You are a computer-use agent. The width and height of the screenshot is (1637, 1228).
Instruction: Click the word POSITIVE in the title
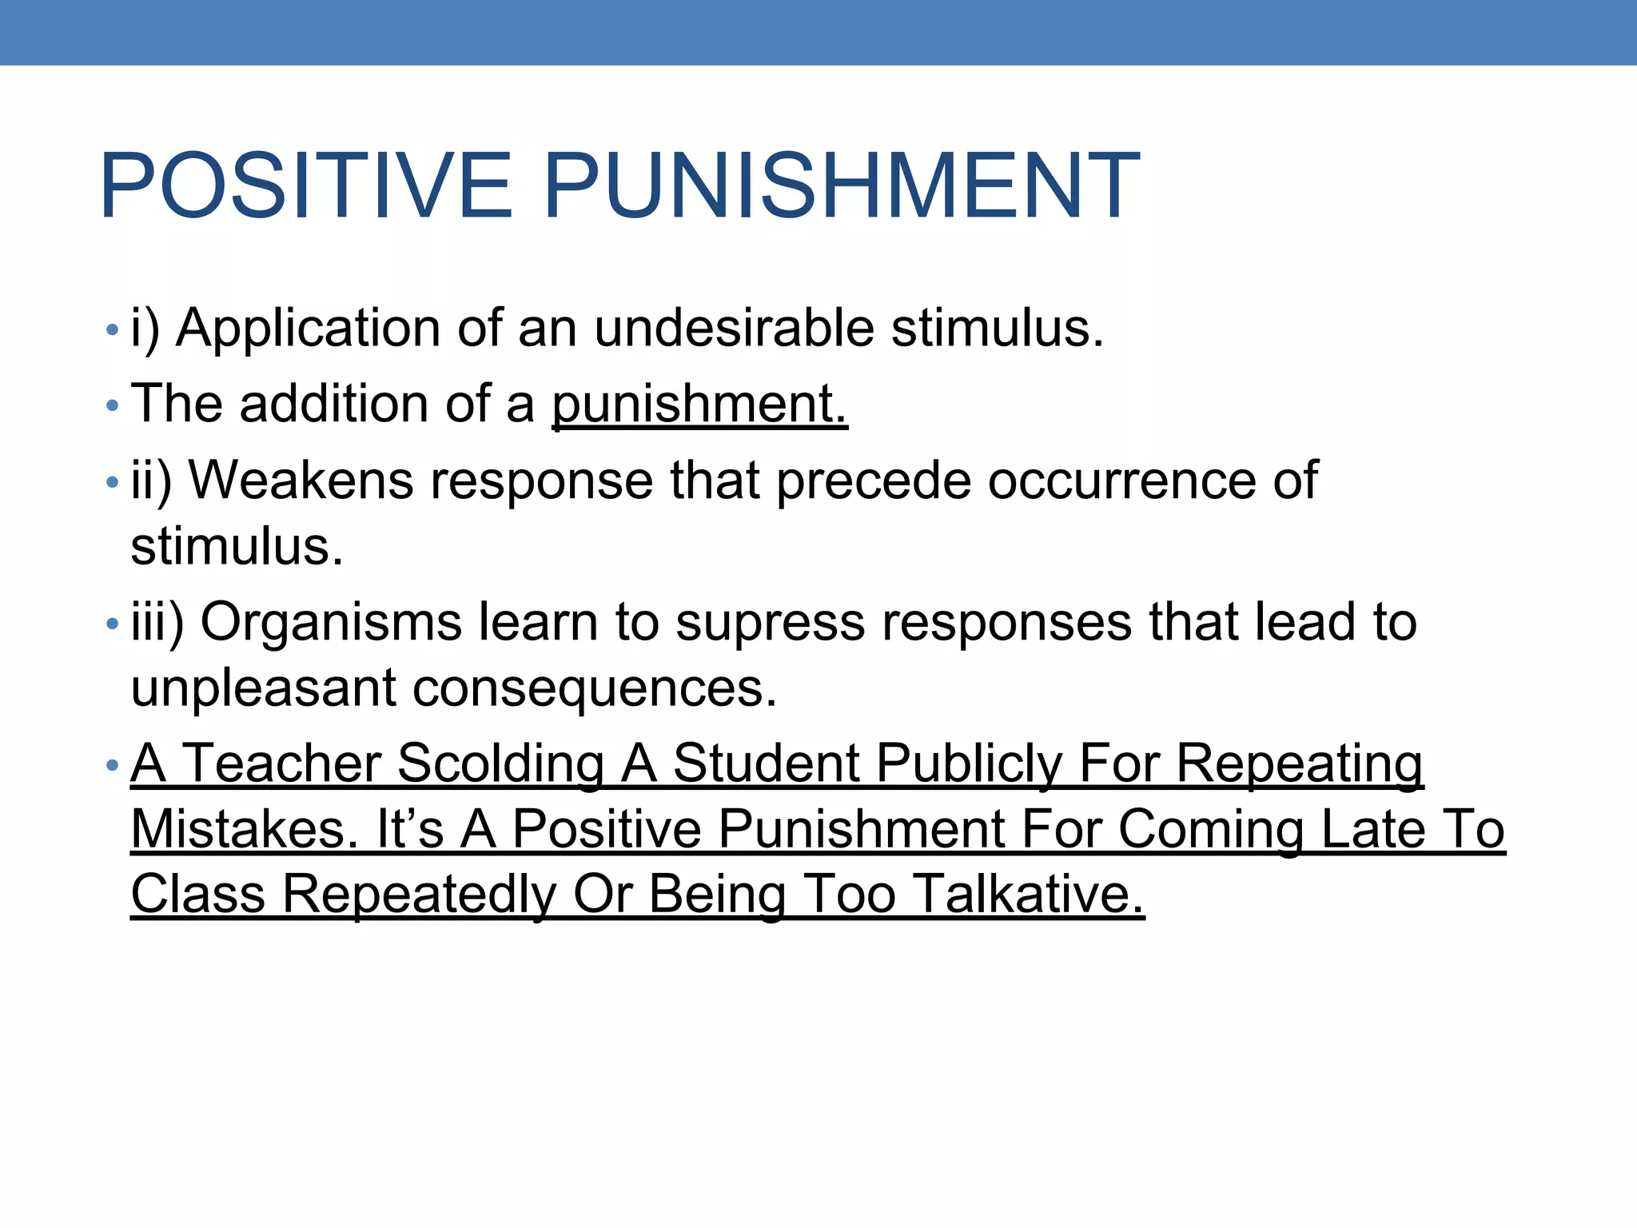coord(305,185)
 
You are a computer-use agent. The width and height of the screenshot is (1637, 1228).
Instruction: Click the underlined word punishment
coord(699,404)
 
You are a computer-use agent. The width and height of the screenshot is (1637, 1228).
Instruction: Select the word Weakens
coord(301,480)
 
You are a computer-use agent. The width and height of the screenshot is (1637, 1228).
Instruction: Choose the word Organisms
coord(331,623)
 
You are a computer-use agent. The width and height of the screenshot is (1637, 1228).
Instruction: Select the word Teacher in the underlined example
coord(282,763)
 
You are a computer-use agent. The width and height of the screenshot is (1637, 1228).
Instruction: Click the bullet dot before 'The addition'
coord(112,406)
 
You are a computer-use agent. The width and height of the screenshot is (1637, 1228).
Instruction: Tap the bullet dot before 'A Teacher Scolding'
coord(112,766)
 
